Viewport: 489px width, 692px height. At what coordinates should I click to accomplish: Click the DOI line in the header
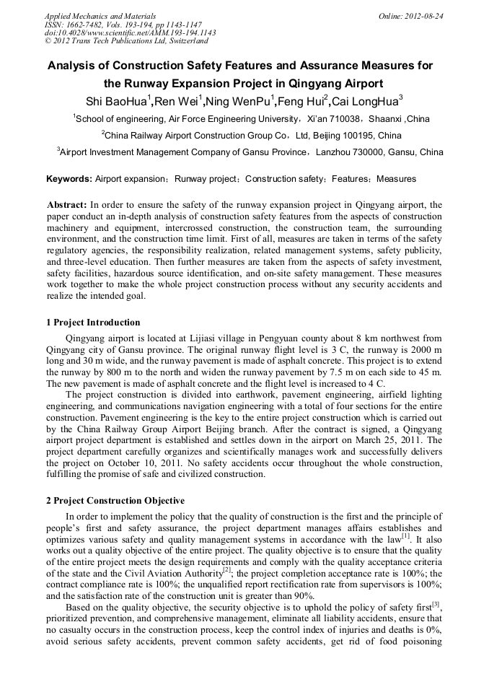coord(130,32)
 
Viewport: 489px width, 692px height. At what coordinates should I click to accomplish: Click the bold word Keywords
coord(69,178)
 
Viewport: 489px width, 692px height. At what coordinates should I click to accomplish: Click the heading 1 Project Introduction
coord(92,323)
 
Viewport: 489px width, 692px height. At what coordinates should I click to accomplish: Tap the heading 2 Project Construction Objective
coord(115,501)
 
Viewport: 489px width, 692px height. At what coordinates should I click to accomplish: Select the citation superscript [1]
coord(406,536)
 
